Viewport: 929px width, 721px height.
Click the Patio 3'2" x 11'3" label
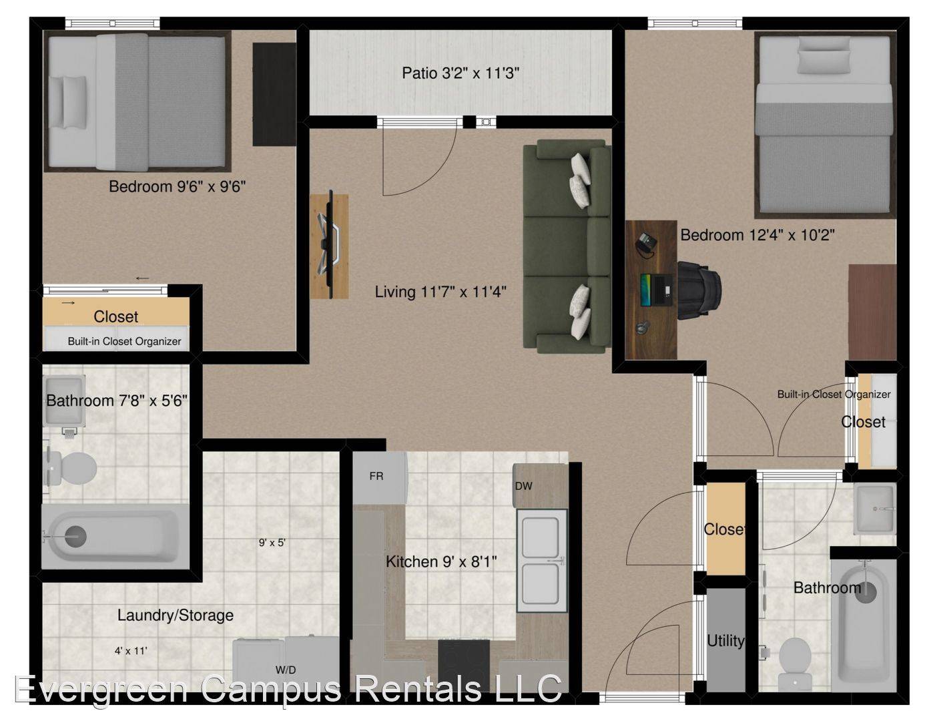pos(460,73)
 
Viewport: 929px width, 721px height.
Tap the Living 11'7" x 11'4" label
pos(440,292)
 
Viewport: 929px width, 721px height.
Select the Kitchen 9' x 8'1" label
pos(440,561)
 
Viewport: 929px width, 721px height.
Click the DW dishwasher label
pos(523,486)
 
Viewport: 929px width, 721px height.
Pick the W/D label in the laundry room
pos(286,670)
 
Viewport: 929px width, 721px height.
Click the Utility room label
pos(725,641)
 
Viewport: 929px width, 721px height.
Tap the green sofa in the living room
pos(567,246)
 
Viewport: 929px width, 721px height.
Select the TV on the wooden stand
pos(330,244)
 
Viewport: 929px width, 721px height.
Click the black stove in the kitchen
pos(463,665)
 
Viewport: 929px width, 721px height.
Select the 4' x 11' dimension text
pos(131,651)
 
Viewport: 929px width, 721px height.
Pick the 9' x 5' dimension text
pos(272,543)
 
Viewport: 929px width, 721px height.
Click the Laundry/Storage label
pos(176,616)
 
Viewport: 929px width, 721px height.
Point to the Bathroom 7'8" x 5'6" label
pos(117,401)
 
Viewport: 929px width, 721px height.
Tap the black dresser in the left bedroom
pos(274,94)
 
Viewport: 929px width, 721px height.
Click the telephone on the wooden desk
pos(645,244)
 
